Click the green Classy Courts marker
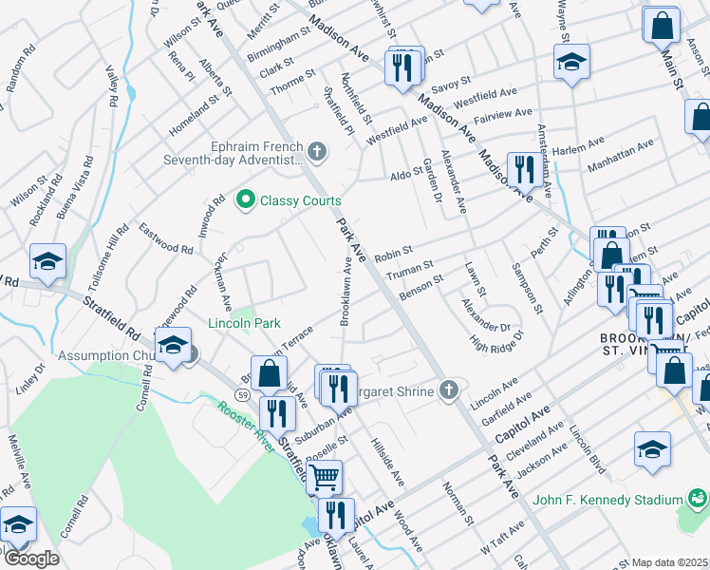(246, 199)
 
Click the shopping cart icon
(324, 475)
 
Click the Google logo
(31, 559)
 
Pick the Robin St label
(393, 255)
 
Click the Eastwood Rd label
(166, 237)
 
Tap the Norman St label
(457, 503)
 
